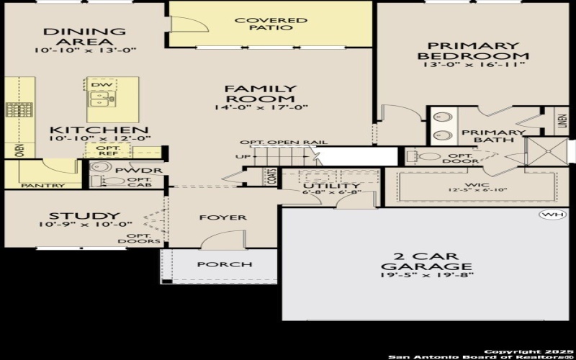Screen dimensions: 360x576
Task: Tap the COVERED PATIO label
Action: (x=271, y=24)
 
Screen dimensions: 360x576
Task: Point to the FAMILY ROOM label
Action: (x=261, y=94)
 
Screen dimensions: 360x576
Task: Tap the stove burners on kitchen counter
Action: (x=19, y=109)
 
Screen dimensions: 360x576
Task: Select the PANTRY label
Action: (x=42, y=186)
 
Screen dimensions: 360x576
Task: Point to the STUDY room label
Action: (x=84, y=216)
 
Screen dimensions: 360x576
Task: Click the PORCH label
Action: (x=225, y=264)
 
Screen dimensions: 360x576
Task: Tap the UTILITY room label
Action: (x=331, y=186)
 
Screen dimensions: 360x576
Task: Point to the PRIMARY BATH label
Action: (x=483, y=136)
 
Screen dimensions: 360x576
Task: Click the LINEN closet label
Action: (x=562, y=122)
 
